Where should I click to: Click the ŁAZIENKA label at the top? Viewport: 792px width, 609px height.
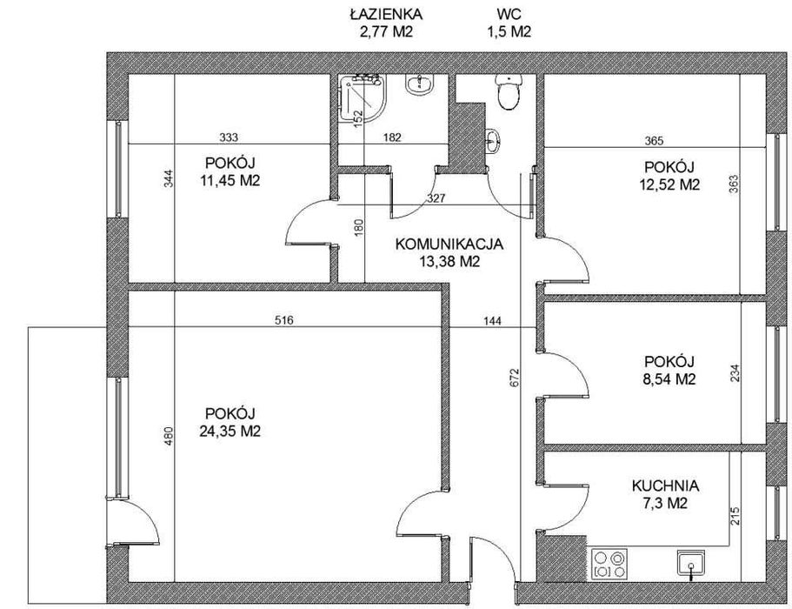pos(386,14)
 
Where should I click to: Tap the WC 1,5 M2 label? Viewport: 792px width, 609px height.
pos(509,23)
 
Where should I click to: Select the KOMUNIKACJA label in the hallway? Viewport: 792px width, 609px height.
pos(449,244)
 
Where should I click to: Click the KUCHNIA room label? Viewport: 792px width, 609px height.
pos(665,486)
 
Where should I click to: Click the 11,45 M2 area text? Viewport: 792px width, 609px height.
pos(230,180)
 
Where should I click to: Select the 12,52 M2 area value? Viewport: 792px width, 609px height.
pos(669,184)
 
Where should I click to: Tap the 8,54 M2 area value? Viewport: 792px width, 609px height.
pos(669,379)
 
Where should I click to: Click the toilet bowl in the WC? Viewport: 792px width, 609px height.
pos(508,92)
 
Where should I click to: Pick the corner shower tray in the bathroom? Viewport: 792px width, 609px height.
pos(361,97)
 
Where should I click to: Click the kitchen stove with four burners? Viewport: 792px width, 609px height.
pos(609,564)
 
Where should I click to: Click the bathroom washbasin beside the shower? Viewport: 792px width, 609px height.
pos(420,84)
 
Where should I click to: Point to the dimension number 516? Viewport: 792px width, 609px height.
pos(283,320)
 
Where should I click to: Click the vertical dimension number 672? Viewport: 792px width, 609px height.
pos(515,378)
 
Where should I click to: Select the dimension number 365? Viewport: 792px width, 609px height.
pos(654,141)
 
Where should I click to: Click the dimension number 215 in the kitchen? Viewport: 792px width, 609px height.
pos(735,516)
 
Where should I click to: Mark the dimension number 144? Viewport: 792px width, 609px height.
pos(492,320)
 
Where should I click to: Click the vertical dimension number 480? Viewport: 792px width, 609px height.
pos(169,436)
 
